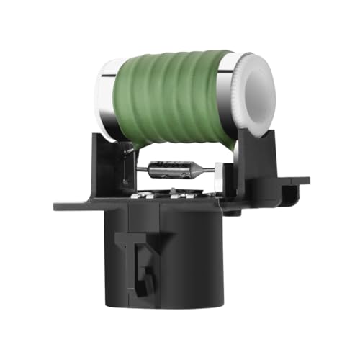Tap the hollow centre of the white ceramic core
point(260,93)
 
